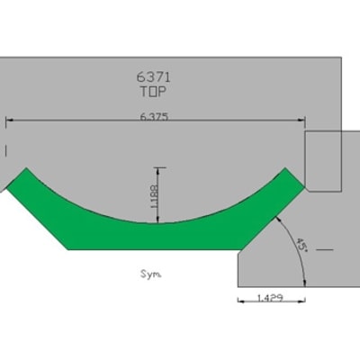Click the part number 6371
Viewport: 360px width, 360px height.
[x=154, y=77]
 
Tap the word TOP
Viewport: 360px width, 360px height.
[x=153, y=92]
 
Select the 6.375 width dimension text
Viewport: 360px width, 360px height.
[x=154, y=116]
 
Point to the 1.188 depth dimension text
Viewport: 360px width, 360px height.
[x=154, y=196]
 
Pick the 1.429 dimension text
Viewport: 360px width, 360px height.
[x=270, y=298]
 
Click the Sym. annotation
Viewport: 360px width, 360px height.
[x=151, y=274]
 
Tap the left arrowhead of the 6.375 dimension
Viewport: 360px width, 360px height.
[x=10, y=120]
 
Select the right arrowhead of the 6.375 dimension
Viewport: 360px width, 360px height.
[x=301, y=120]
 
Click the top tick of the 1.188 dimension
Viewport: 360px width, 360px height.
[x=158, y=167]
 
